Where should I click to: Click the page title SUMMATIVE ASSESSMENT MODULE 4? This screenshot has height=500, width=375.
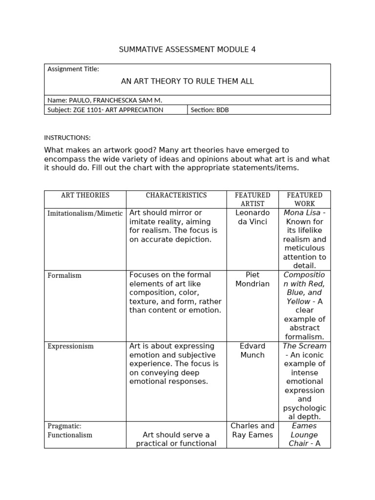[187, 49]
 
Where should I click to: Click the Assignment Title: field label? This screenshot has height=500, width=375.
[73, 69]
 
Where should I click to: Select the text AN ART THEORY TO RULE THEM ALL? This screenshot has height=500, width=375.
[187, 81]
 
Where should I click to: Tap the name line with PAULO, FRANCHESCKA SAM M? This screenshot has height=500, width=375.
[104, 100]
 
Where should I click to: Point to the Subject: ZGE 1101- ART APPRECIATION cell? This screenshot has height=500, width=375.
[105, 110]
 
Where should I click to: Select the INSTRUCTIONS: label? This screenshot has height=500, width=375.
[67, 138]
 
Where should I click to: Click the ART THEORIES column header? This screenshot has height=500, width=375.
[85, 195]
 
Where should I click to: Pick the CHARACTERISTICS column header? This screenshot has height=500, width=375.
[176, 195]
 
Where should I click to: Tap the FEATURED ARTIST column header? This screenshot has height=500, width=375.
[252, 199]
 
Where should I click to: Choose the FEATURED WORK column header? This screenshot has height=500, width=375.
[305, 199]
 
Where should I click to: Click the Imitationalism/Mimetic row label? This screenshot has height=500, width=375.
[85, 213]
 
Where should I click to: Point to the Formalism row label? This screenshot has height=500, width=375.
[64, 275]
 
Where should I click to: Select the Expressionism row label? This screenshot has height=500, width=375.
[70, 346]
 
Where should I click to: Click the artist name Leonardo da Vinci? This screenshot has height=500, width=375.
[252, 217]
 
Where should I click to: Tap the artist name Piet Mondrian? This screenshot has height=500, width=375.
[252, 279]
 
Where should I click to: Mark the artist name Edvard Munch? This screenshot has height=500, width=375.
[252, 350]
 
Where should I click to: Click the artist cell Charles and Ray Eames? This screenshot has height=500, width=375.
[252, 430]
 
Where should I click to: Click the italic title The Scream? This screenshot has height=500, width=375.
[304, 346]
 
